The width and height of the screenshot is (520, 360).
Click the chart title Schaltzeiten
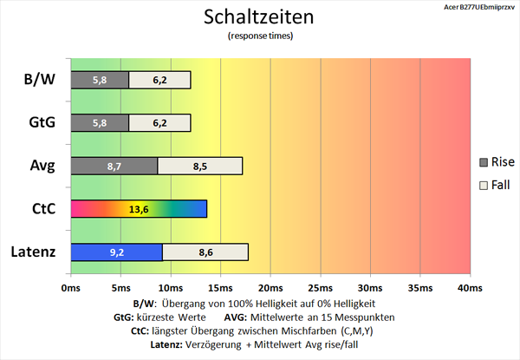[x=259, y=16]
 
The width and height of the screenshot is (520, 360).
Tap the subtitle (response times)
[x=259, y=36]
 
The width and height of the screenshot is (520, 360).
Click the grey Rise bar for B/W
[x=100, y=80]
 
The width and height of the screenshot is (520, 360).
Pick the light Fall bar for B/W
[x=159, y=80]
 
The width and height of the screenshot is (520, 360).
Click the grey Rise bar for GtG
[x=100, y=122]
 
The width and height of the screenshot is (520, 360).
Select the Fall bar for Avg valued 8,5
[x=200, y=165]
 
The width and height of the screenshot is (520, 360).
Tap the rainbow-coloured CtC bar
[x=139, y=208]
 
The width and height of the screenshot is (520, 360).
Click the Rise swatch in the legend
[x=484, y=162]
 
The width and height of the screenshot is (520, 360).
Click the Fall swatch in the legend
[x=484, y=185]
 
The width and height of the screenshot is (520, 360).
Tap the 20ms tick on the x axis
[x=270, y=287]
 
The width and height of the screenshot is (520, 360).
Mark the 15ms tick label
[x=220, y=287]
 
